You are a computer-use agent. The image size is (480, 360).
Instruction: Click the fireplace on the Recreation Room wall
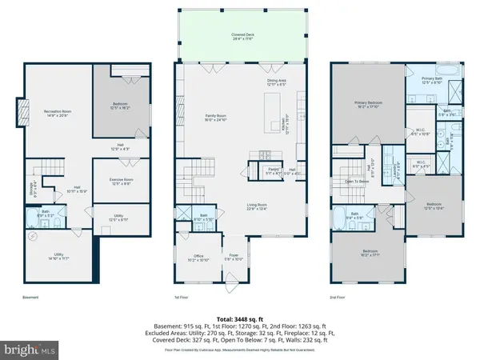coord(22,112)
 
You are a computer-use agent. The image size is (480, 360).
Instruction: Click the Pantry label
coord(273,170)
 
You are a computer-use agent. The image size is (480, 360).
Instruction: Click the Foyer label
coord(234,258)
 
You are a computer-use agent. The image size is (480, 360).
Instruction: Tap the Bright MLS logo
coord(30,349)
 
